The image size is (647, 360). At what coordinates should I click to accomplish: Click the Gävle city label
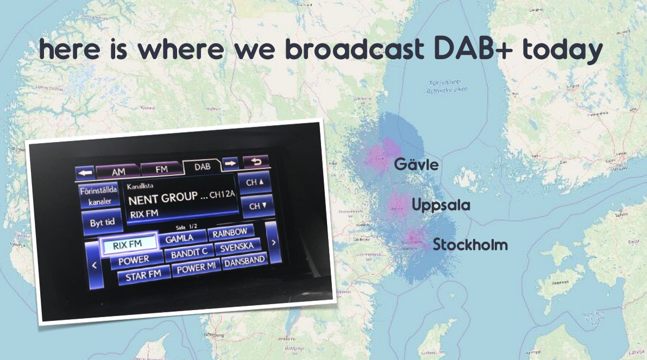point(416,165)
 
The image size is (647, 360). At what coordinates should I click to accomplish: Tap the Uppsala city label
point(441,205)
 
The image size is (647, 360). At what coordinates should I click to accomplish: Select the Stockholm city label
point(470,245)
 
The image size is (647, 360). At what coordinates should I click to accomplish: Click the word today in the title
point(562,50)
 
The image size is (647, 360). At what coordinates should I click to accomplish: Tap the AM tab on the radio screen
point(118,171)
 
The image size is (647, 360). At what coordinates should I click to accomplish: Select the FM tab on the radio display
point(161,168)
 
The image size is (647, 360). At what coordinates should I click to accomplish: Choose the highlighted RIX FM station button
point(128,245)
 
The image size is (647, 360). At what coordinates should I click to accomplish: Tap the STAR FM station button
point(143,276)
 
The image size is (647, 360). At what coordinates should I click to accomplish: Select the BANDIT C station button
point(189,254)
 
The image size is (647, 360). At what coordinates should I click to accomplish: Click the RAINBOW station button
point(230,232)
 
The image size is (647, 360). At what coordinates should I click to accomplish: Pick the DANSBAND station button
point(244,261)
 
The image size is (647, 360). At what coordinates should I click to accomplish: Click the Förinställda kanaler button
point(98,196)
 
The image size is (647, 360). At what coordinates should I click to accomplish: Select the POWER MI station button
point(194,268)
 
